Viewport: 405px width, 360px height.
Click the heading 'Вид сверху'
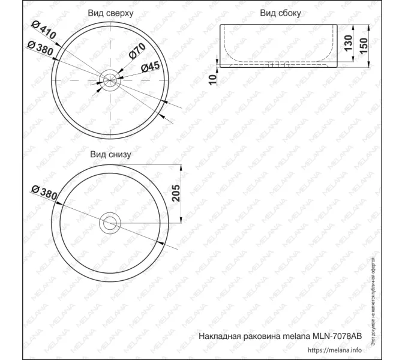[110, 12]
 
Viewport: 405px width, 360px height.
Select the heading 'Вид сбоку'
[280, 12]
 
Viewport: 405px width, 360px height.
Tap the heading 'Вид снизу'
[110, 154]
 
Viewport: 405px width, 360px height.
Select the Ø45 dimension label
[149, 67]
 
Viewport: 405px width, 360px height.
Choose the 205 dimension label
[176, 193]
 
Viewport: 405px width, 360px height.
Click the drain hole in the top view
[110, 79]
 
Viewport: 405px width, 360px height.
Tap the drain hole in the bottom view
[110, 223]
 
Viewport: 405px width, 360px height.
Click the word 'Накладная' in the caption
[219, 337]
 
